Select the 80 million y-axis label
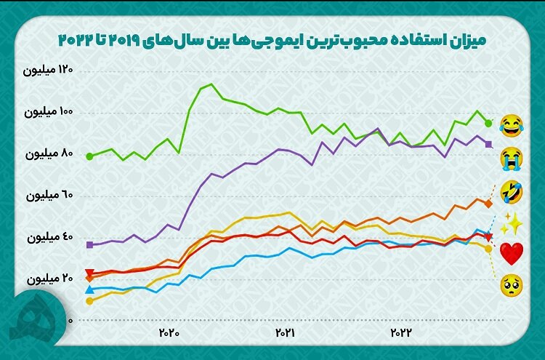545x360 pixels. [49, 154]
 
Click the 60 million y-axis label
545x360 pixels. [49, 196]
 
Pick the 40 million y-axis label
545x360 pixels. [49, 238]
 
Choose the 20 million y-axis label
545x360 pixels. [49, 279]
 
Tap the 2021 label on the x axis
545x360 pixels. [284, 332]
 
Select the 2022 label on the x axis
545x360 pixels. [400, 332]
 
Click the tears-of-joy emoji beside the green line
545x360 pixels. [511, 125]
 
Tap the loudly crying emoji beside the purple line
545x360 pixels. [511, 156]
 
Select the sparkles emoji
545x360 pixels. [511, 222]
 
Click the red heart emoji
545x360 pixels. [512, 253]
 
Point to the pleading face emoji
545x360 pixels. [511, 284]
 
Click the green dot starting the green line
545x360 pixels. [89, 156]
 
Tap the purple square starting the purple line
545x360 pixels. [89, 245]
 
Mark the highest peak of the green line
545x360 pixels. [211, 84]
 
